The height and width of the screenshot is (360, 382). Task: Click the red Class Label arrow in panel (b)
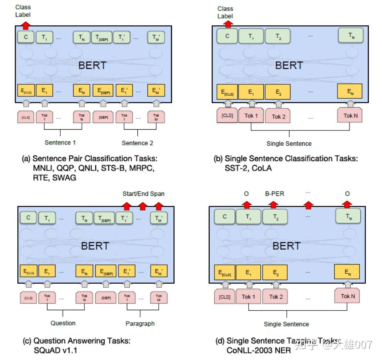(228, 24)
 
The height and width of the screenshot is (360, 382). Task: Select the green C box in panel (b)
(227, 36)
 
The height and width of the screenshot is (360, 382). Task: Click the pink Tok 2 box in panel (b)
(278, 116)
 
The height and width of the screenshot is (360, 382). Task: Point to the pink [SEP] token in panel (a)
(103, 117)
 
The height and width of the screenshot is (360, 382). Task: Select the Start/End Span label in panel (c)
(143, 194)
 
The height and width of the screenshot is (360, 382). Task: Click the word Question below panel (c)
(63, 323)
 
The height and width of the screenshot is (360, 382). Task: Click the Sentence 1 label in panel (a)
(60, 142)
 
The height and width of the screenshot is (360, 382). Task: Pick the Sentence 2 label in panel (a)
(137, 143)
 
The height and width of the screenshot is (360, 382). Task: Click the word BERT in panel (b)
(289, 65)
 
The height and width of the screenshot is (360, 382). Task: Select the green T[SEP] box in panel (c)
(104, 219)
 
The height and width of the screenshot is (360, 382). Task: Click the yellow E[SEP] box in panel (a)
(103, 91)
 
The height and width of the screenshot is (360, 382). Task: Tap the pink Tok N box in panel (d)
(348, 296)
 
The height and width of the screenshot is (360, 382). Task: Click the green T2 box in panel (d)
(276, 217)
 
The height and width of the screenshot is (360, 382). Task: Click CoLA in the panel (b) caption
(261, 169)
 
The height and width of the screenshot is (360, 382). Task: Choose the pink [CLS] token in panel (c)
(27, 297)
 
